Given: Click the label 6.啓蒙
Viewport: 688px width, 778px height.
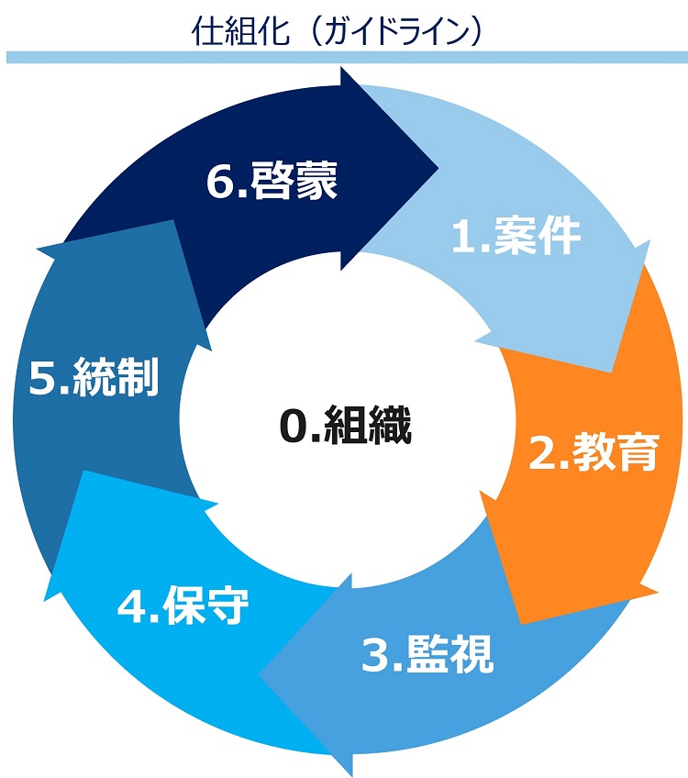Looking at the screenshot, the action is (272, 181).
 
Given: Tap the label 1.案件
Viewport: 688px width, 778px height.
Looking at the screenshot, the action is (516, 236).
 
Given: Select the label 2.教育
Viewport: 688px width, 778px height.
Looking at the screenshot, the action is (594, 451).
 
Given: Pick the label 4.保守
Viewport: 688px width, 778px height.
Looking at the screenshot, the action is (183, 605).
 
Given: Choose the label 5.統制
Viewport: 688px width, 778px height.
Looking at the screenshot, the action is (94, 376).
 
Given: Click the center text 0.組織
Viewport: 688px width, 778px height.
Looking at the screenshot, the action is (346, 425).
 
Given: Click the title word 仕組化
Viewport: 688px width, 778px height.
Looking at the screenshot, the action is (240, 30).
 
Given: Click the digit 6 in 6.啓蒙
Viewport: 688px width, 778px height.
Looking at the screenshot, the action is (219, 182).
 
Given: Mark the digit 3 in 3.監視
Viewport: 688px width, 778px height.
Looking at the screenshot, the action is (374, 655).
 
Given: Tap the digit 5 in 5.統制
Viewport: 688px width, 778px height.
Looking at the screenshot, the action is (41, 378).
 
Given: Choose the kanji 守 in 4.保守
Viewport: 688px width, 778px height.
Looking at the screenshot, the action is (228, 605).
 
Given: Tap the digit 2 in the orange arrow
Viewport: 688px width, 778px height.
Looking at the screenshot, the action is (541, 452).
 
